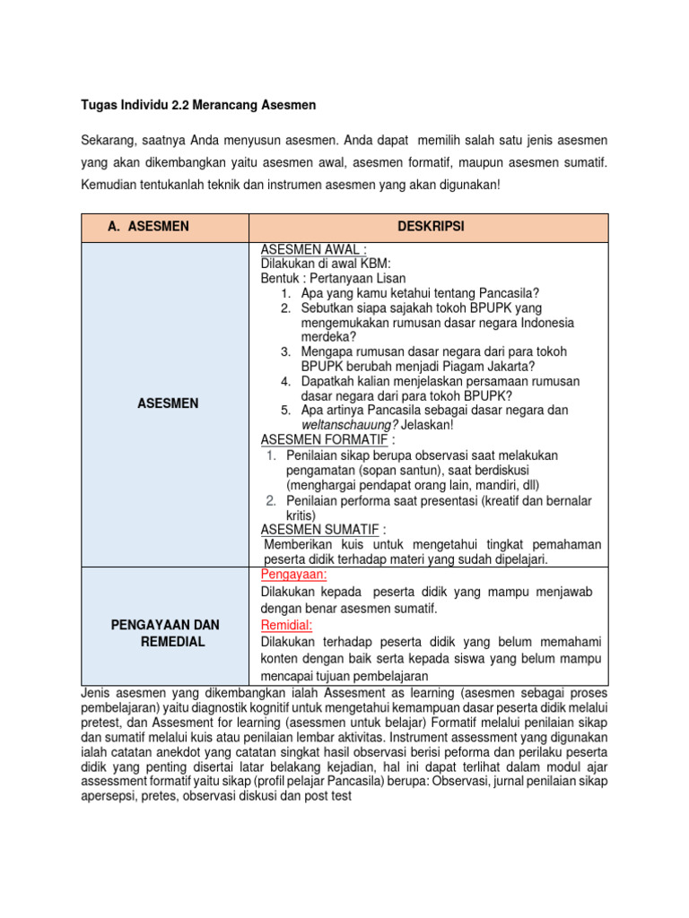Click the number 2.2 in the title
pos(172,106)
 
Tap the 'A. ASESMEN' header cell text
pos(148,227)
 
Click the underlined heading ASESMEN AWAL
pos(306,249)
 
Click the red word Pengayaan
pos(293,575)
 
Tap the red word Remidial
pos(286,625)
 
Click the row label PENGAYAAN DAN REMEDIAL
pos(165,633)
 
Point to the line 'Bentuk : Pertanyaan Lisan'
pos(333,278)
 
